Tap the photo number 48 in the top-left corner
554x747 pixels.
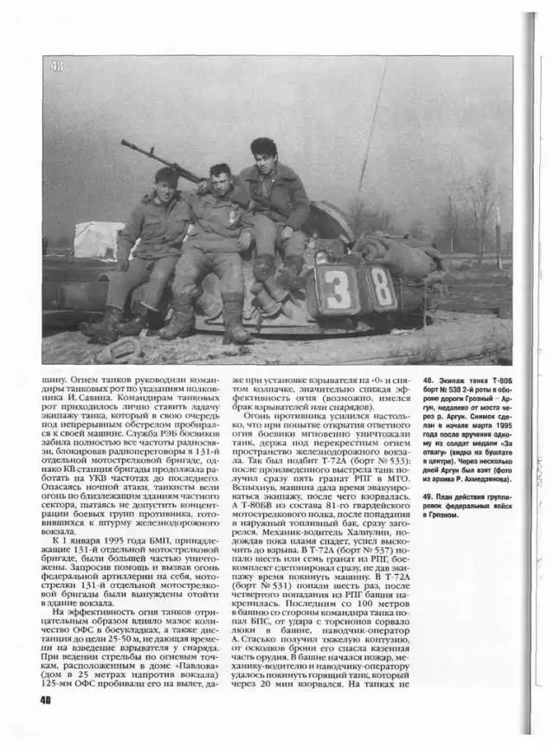[57, 66]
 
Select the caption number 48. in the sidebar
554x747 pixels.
[428, 380]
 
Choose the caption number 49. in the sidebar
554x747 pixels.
[428, 497]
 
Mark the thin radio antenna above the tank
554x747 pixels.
[372, 130]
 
